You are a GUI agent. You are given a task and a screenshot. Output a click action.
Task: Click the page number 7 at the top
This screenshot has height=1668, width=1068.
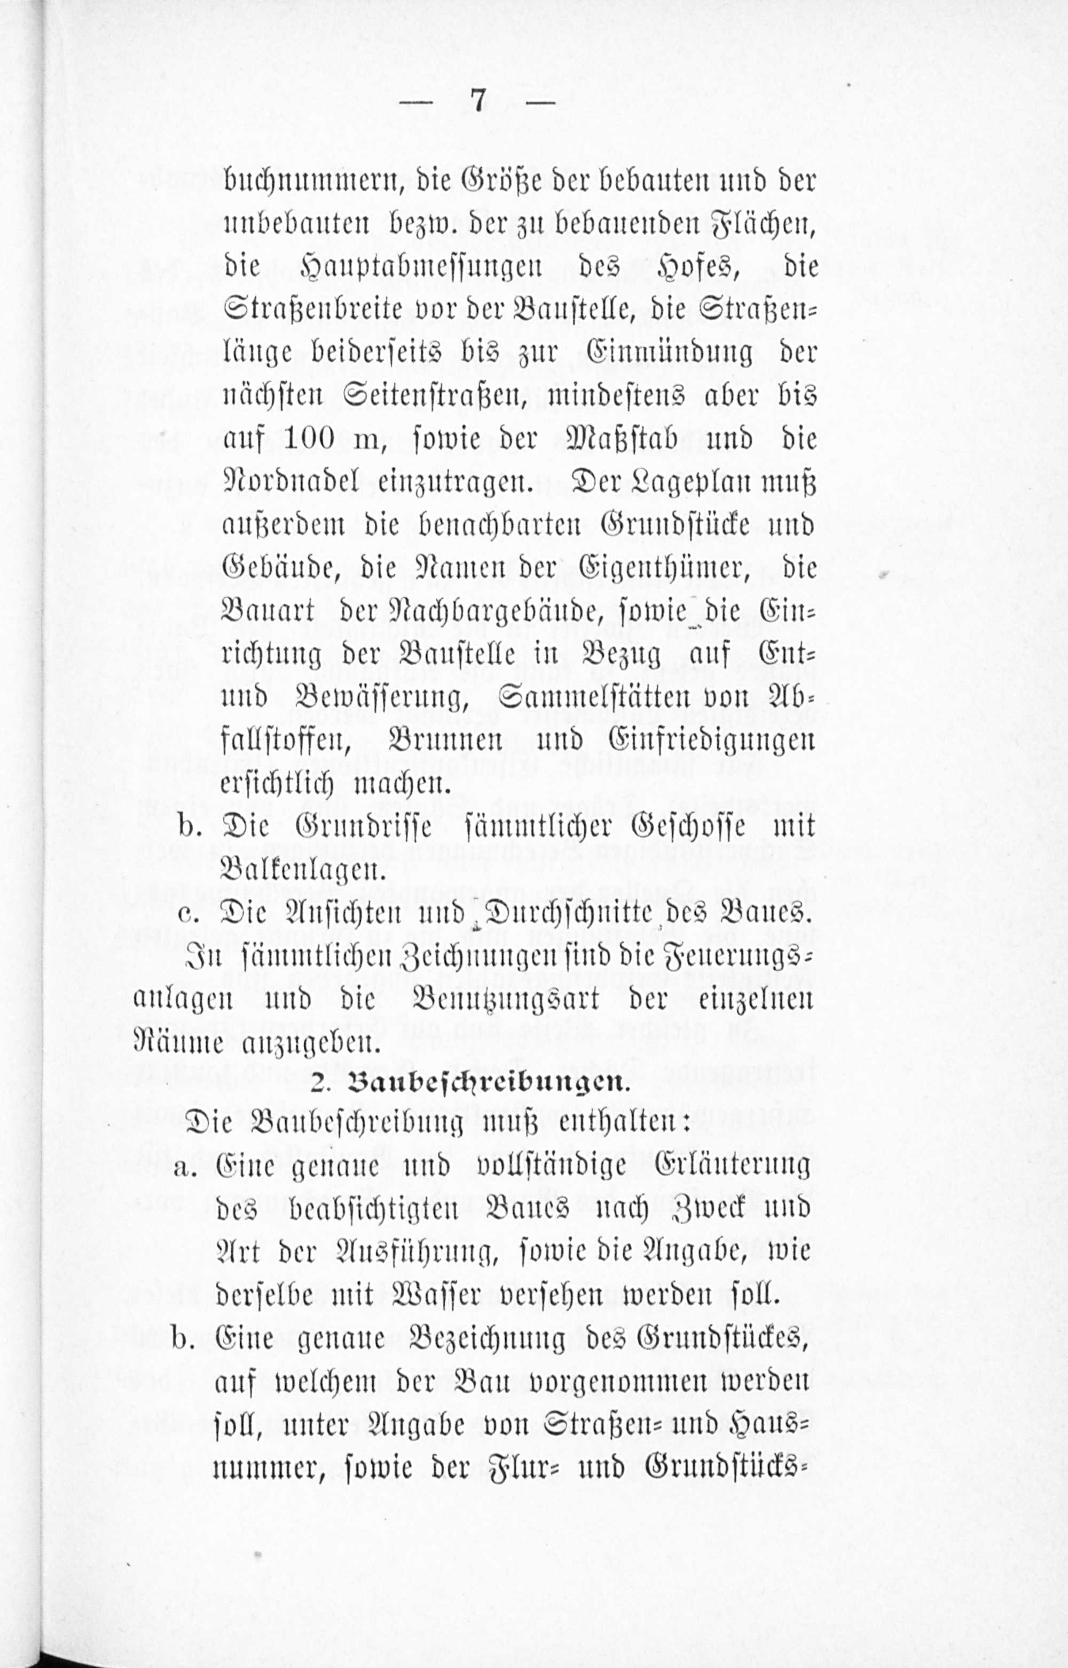click(477, 102)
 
